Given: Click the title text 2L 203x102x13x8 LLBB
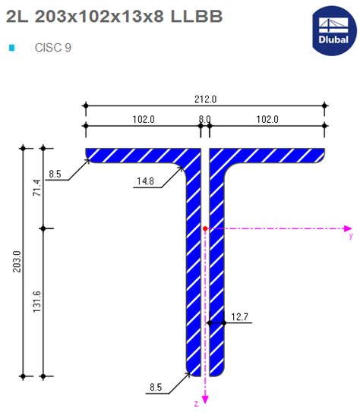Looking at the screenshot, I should pyautogui.click(x=114, y=17).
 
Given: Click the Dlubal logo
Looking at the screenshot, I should pyautogui.click(x=333, y=30).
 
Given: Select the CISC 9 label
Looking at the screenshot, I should pyautogui.click(x=53, y=47).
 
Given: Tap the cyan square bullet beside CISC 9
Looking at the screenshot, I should pyautogui.click(x=11, y=47).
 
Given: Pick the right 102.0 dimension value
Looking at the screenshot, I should pyautogui.click(x=267, y=119).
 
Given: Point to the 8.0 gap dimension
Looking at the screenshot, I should pyautogui.click(x=205, y=119).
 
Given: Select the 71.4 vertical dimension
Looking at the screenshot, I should pyautogui.click(x=36, y=187).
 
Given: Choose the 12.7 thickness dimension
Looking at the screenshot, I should pyautogui.click(x=240, y=316).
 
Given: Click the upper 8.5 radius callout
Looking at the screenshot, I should pyautogui.click(x=55, y=174).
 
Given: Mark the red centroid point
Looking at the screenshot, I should pyautogui.click(x=205, y=228).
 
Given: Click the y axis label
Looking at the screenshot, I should pyautogui.click(x=350, y=237).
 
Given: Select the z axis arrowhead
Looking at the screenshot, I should pyautogui.click(x=205, y=401).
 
